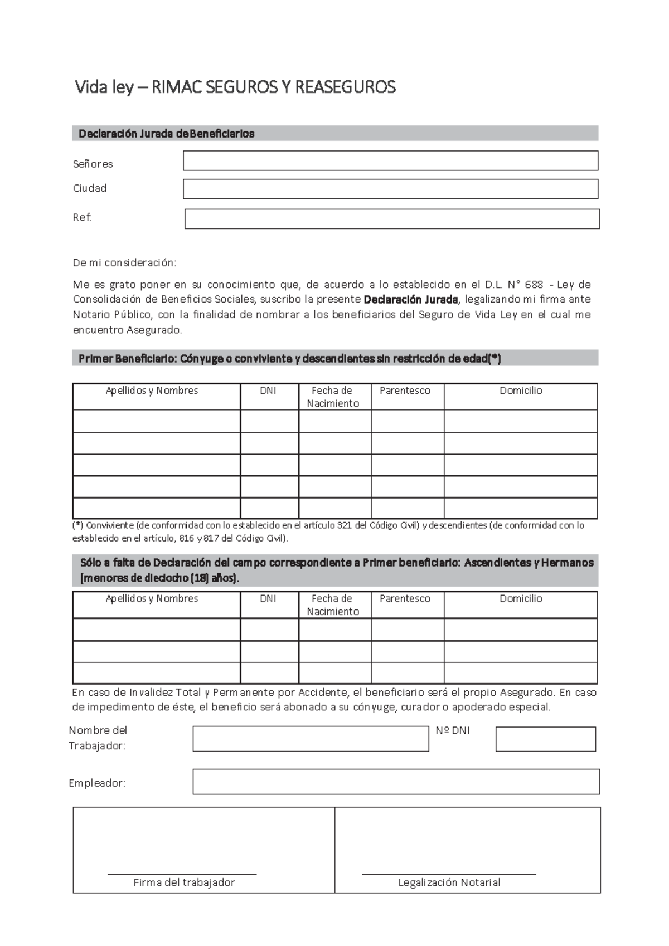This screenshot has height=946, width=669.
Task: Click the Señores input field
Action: (x=390, y=160)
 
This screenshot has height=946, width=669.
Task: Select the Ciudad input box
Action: (x=390, y=189)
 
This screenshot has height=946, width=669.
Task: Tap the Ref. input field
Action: (x=392, y=219)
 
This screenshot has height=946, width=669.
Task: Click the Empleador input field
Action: (x=396, y=782)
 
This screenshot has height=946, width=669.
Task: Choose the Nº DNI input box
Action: (x=545, y=739)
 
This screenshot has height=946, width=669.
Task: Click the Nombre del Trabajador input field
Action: (x=311, y=739)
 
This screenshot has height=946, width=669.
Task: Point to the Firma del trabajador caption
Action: (x=184, y=882)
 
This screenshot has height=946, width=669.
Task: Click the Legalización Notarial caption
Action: (x=449, y=882)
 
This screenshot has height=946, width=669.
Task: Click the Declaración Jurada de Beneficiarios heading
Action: (x=166, y=134)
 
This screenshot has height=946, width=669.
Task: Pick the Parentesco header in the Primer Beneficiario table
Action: (x=405, y=391)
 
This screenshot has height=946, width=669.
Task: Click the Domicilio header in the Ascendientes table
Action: (x=521, y=598)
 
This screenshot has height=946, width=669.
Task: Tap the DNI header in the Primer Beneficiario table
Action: (x=268, y=391)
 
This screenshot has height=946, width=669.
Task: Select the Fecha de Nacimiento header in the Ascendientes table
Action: (x=332, y=604)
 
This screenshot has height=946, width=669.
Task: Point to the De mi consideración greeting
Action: (x=124, y=262)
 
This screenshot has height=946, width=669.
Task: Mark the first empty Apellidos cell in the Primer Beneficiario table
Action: (x=157, y=421)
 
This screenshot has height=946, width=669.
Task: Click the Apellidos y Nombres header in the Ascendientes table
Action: (x=152, y=598)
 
